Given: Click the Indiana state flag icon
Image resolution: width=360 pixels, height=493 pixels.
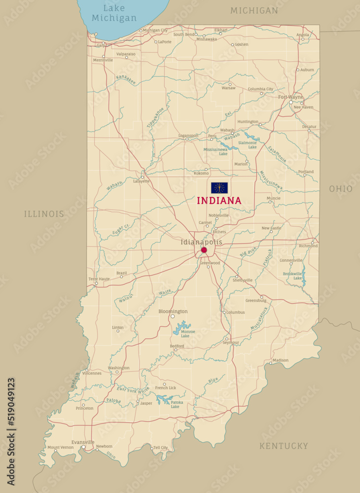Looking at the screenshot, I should [x=219, y=188].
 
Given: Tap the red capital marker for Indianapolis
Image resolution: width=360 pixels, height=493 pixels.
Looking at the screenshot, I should [x=204, y=250].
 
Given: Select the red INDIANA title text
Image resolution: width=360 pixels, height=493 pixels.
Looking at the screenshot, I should [x=219, y=201].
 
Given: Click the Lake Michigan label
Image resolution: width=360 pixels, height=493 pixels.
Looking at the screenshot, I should [x=114, y=13].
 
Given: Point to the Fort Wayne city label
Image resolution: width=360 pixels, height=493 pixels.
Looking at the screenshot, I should [x=290, y=97].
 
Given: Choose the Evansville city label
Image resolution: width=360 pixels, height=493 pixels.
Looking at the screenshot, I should [x=83, y=442].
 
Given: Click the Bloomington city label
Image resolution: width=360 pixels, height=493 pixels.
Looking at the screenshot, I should [x=173, y=312].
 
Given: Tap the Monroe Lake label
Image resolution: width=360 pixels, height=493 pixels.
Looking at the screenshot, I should [x=188, y=334].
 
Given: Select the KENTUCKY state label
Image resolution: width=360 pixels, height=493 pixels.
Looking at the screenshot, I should [x=284, y=446].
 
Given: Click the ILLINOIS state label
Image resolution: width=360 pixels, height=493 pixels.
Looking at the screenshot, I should [x=44, y=214].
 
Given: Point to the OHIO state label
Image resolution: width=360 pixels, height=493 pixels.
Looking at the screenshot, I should [x=341, y=189].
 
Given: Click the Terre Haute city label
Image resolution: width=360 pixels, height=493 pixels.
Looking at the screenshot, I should [x=99, y=279].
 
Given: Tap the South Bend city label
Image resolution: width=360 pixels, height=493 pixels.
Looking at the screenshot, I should [x=183, y=35].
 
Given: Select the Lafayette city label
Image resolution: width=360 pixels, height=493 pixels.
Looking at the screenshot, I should [x=141, y=181].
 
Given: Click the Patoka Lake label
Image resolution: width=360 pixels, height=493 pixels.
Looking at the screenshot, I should [x=177, y=404].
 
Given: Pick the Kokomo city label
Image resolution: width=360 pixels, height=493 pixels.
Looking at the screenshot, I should [x=201, y=174].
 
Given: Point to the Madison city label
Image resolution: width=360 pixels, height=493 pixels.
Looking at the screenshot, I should [x=281, y=360].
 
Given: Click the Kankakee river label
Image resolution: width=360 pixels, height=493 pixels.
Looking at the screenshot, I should [x=126, y=80].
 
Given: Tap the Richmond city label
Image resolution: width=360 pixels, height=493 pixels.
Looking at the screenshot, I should [x=308, y=246].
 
